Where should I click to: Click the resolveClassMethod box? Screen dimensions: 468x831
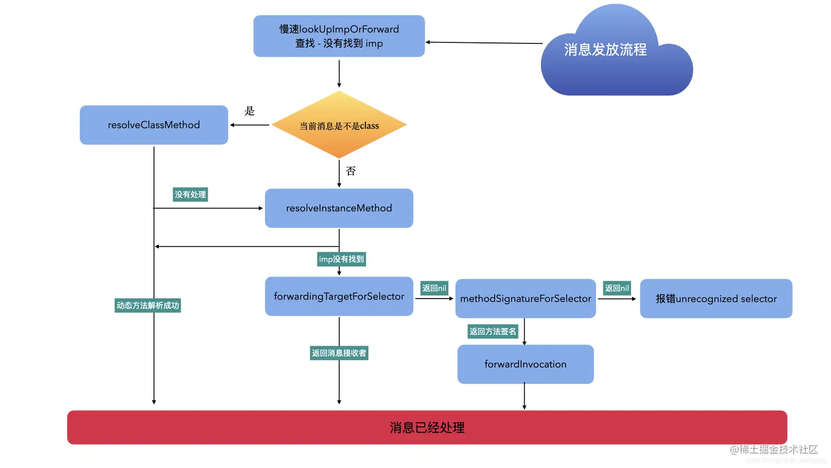coord(154,125)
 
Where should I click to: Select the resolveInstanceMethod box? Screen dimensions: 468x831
coord(339,208)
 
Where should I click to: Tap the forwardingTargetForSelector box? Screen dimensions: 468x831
coord(339,296)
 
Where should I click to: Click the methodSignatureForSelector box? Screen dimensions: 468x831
coord(525,299)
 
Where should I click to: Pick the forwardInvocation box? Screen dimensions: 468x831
coord(525,364)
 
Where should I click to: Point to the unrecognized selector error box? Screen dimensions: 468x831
coord(716,299)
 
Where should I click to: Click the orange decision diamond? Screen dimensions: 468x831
coord(339,125)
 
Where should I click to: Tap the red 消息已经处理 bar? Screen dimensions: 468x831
coord(427,427)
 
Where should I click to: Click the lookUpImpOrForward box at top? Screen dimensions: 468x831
coord(339,36)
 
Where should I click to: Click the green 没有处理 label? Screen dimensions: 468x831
coord(190,195)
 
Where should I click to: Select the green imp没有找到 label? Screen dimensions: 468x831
coord(341,259)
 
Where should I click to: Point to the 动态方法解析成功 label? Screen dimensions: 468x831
coord(148,306)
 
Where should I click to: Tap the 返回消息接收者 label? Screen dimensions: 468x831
coord(339,353)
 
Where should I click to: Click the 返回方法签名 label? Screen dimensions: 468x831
coord(492,332)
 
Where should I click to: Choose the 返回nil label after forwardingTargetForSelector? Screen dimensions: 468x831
coord(434,288)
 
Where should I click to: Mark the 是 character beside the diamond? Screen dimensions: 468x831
coord(250,111)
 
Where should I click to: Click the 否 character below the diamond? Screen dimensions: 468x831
coord(351,171)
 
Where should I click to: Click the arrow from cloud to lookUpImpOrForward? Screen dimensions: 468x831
coord(484,42)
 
